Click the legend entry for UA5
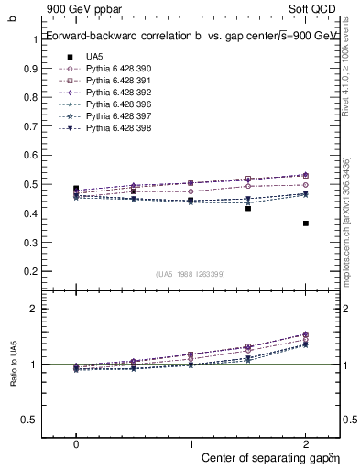tap(94, 57)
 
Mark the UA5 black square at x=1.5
tap(248, 209)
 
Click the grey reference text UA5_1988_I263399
tap(191, 274)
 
